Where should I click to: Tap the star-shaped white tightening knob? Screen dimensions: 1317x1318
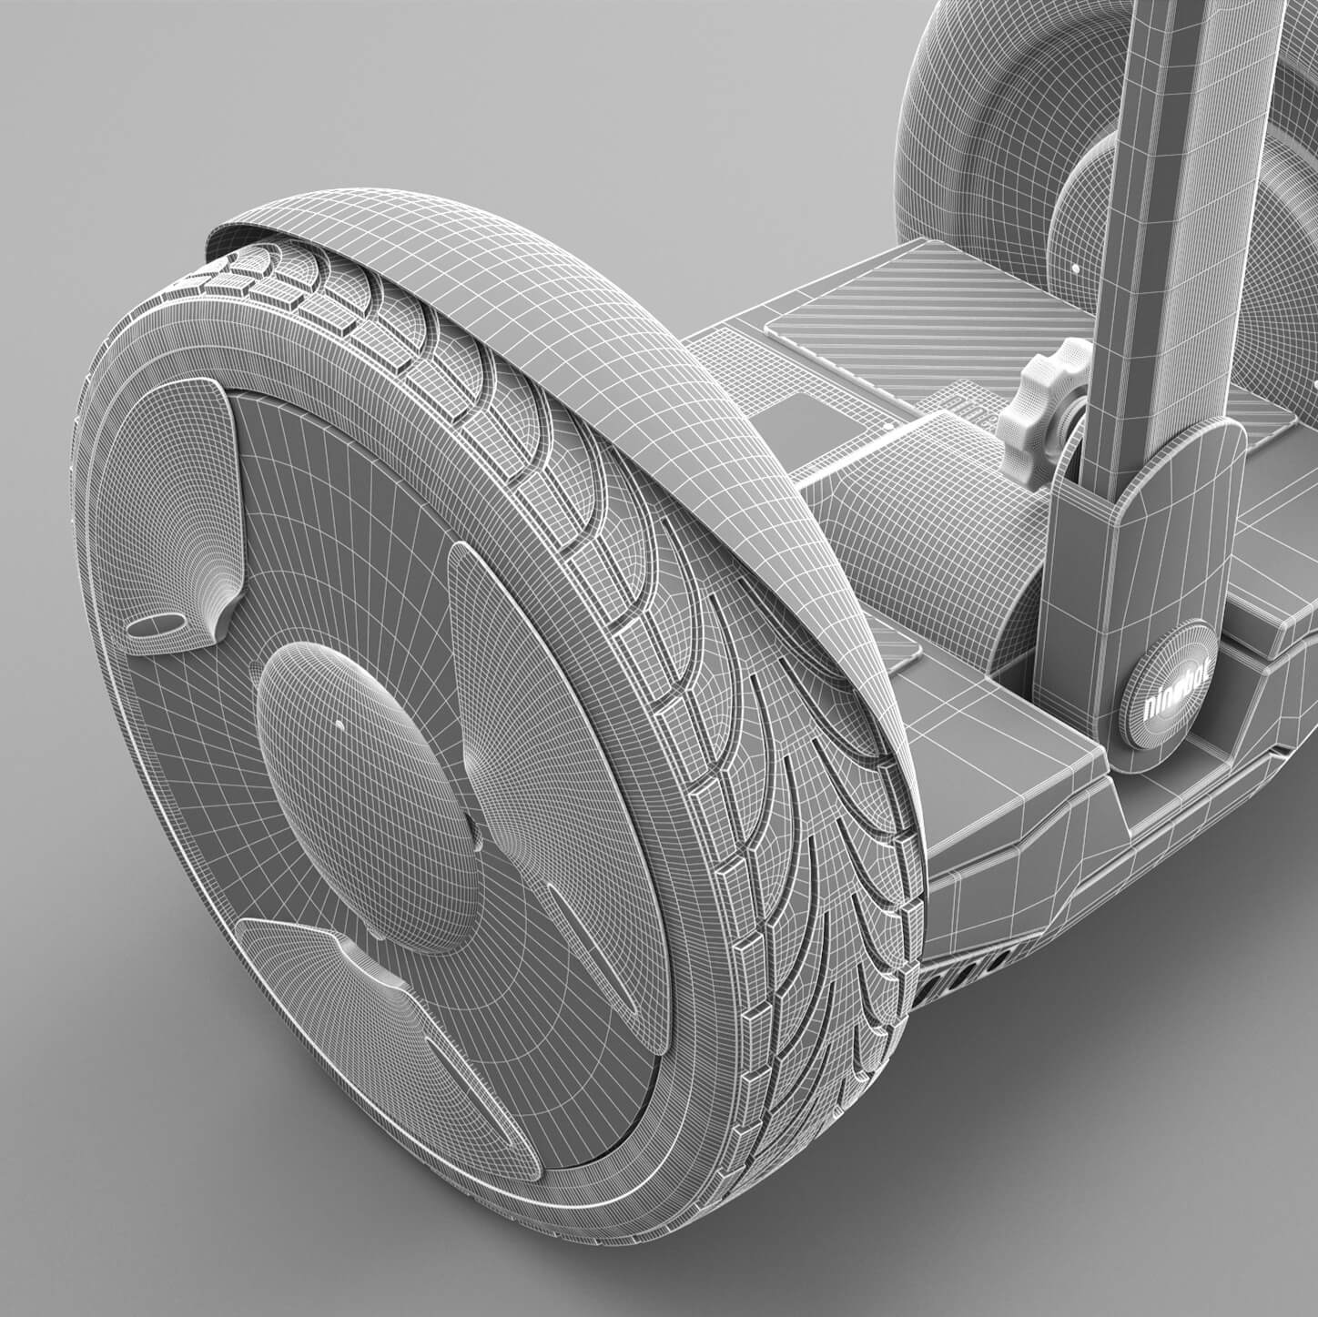click(x=1041, y=397)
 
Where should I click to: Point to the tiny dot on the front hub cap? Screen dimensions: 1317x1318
click(x=340, y=724)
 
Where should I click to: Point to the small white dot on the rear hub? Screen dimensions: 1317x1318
click(x=1076, y=270)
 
